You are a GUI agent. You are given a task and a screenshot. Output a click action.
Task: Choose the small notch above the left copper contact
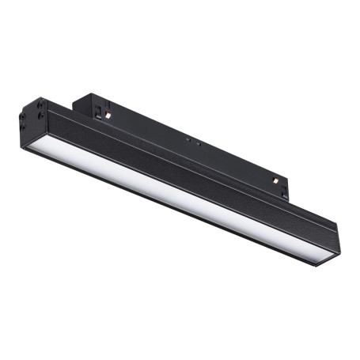[105, 104]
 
